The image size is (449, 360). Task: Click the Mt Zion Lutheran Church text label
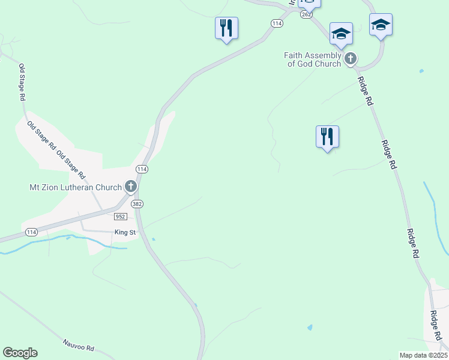pyautogui.click(x=76, y=187)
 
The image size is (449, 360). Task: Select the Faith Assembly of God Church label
pyautogui.click(x=313, y=59)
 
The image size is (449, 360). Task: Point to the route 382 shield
pyautogui.click(x=137, y=204)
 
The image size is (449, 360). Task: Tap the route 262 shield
pyautogui.click(x=307, y=14)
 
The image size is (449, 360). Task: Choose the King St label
pyautogui.click(x=126, y=232)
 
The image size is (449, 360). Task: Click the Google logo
pyautogui.click(x=20, y=353)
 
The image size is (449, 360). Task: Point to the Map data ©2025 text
pyautogui.click(x=423, y=355)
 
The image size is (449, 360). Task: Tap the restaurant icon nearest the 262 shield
pyautogui.click(x=226, y=29)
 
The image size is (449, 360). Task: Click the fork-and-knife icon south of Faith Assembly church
pyautogui.click(x=327, y=137)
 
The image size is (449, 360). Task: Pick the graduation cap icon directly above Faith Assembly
pyautogui.click(x=341, y=34)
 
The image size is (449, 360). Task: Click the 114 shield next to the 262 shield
pyautogui.click(x=276, y=23)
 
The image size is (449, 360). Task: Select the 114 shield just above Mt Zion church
pyautogui.click(x=141, y=169)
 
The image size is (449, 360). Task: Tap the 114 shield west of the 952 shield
pyautogui.click(x=32, y=232)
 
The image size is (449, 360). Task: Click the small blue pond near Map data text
pyautogui.click(x=310, y=328)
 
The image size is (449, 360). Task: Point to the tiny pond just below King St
pyautogui.click(x=154, y=239)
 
